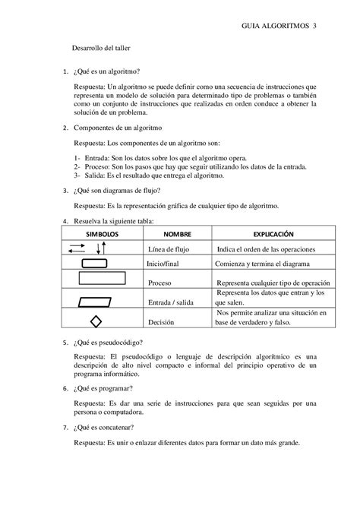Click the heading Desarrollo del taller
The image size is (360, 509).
point(102,48)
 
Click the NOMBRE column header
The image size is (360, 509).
point(178,235)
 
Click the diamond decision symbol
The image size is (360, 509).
point(96,321)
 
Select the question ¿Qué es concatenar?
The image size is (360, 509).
point(106,428)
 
